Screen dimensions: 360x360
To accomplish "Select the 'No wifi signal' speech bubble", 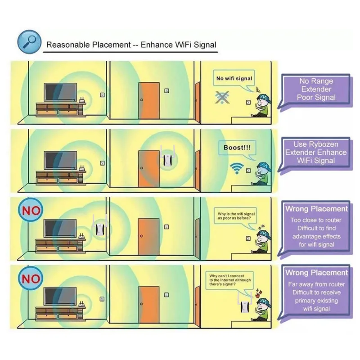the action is coord(234,79).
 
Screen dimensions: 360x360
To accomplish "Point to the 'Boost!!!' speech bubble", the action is coord(238,148).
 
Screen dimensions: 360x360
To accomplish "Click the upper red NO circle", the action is coord(30,210).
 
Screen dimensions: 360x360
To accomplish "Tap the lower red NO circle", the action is coord(30,279).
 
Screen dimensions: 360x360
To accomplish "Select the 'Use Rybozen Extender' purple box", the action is coord(316,153).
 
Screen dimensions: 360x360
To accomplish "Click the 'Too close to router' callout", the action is coord(316,226).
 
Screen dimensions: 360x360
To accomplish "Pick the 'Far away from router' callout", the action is coord(316,290).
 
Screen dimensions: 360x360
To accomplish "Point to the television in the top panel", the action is coord(59,93).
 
